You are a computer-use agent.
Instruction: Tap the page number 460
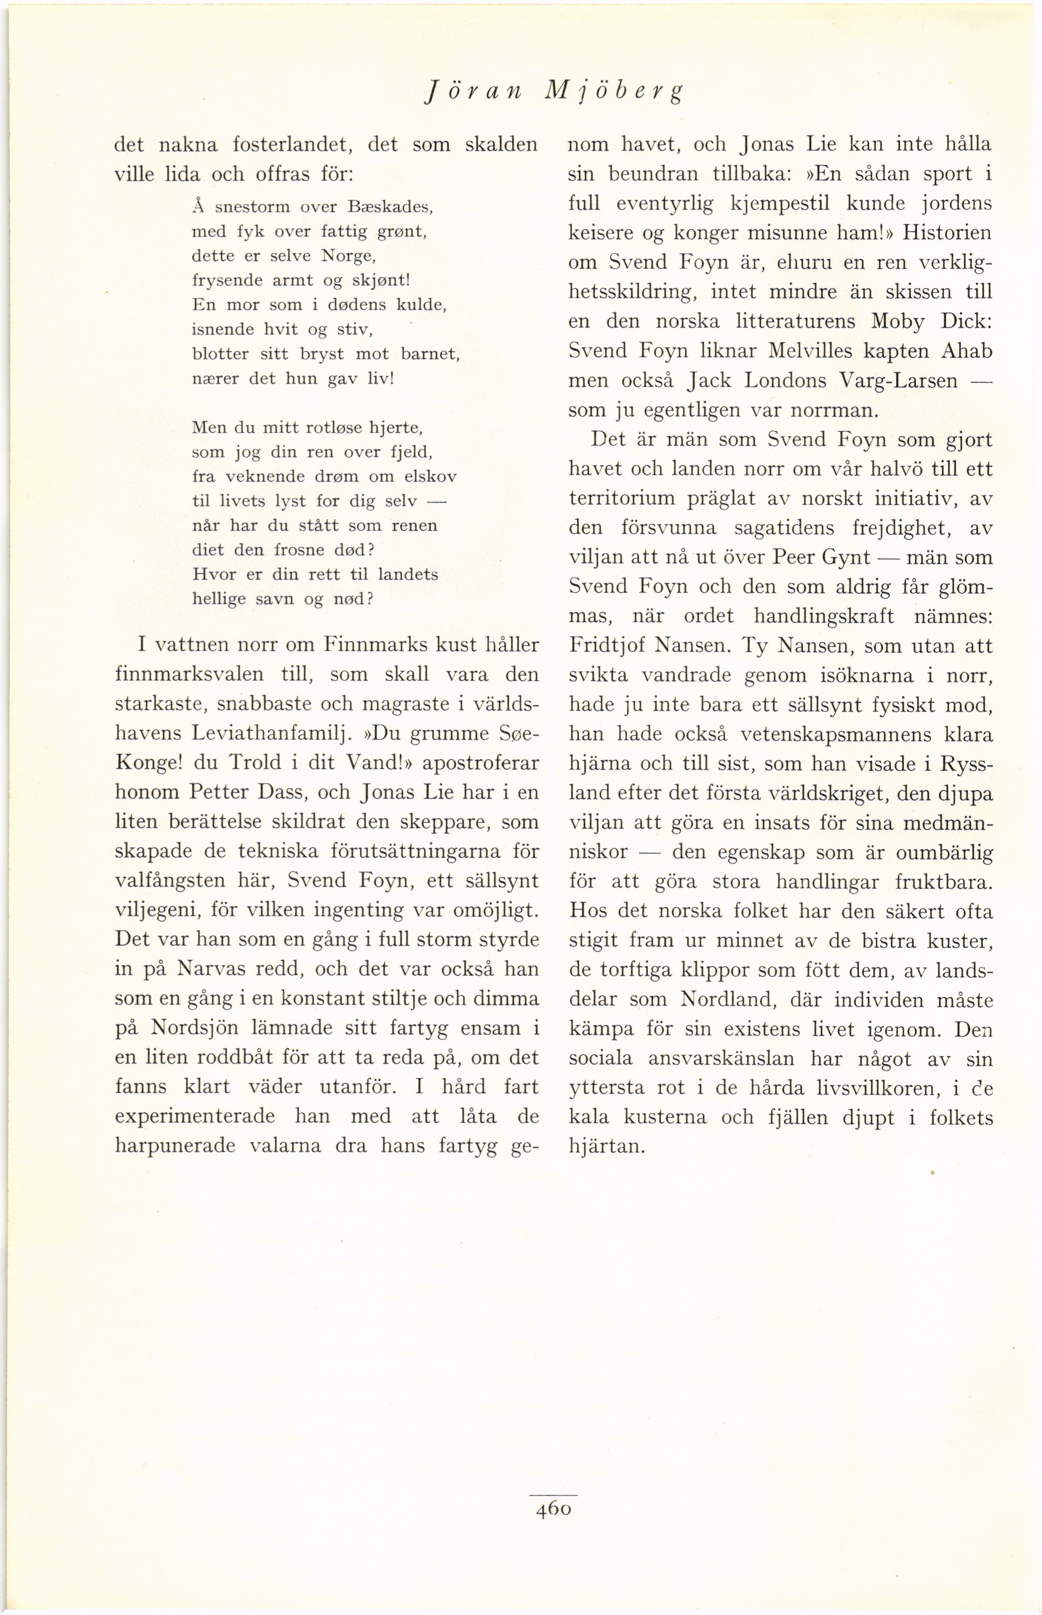tap(554, 1509)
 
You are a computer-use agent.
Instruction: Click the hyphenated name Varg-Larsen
tap(898, 381)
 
